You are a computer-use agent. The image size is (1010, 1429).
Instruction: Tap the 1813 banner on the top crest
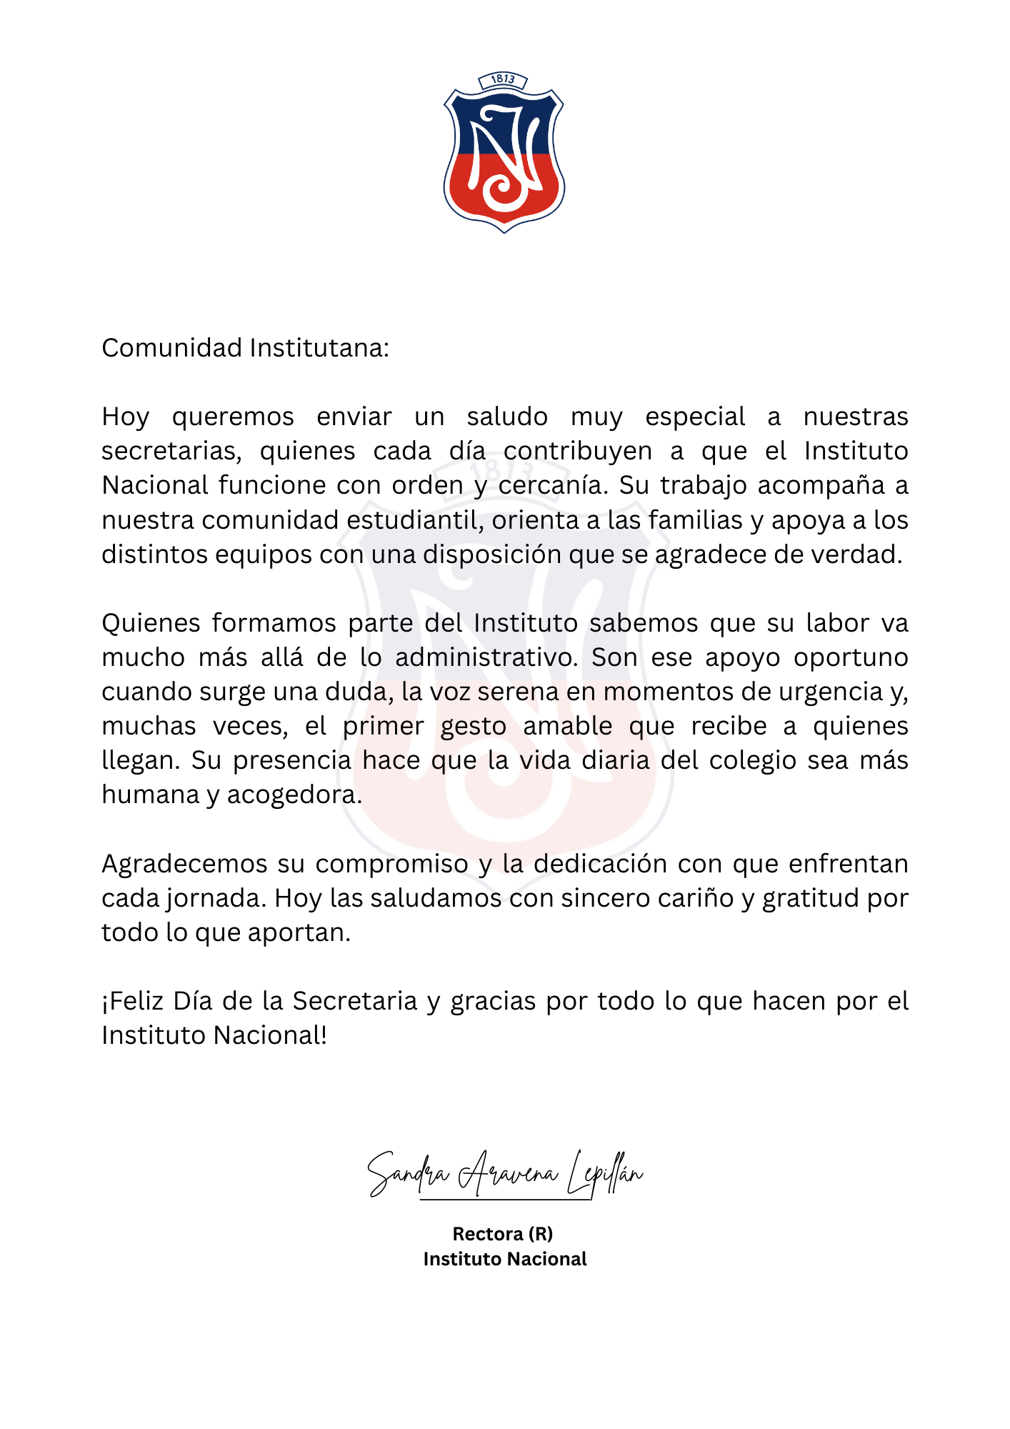[x=503, y=79]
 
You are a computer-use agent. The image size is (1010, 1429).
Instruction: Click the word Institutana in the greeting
[x=319, y=348]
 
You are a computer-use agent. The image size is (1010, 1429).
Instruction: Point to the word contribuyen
[x=578, y=452]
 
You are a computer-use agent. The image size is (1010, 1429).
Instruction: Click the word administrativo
[x=486, y=657]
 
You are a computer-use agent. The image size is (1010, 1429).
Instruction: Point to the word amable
[x=568, y=726]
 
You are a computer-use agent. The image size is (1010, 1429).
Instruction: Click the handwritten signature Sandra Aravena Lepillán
[x=505, y=1174]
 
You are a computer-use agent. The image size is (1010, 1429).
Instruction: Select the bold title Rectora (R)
[x=503, y=1234]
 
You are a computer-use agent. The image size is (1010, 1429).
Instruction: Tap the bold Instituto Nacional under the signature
[x=505, y=1259]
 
